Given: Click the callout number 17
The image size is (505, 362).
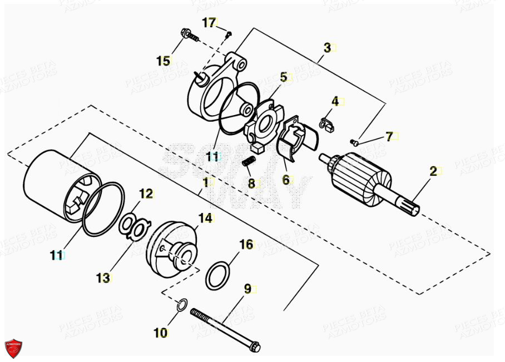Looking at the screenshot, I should [208, 23].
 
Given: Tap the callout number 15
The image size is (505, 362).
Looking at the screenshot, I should [163, 61].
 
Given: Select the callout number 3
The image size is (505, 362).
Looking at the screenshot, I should [327, 48].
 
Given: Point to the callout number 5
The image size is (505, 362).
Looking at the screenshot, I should [284, 77].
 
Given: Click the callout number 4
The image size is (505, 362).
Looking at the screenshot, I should [335, 101].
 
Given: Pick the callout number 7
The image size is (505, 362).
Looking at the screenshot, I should [389, 136].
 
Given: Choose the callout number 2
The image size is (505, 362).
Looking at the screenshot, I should [433, 171].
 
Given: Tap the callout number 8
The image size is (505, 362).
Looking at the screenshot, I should [251, 184].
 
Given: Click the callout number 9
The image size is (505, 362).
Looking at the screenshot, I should [247, 289].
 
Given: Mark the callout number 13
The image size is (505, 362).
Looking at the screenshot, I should [103, 278].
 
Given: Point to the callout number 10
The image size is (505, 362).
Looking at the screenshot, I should [160, 333].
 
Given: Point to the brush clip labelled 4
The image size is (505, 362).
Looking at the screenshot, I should [327, 123].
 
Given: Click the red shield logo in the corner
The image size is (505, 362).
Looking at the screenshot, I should [13, 348].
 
